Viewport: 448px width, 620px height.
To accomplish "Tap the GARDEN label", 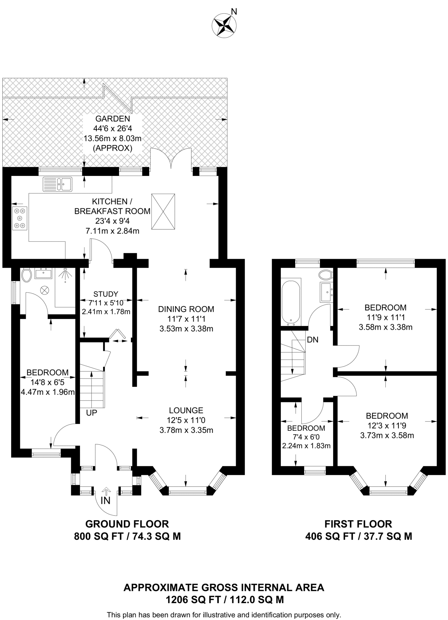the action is coord(113,119).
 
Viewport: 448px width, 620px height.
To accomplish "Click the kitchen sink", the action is coord(58,184).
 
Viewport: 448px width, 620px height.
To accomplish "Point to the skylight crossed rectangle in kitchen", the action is coord(163,212).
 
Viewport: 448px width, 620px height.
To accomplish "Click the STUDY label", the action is coord(106,294).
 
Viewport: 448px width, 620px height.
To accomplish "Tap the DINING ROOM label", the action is coord(186,309).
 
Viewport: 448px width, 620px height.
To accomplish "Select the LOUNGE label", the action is coord(186,411).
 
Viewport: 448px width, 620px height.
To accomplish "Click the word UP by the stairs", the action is coord(91,413).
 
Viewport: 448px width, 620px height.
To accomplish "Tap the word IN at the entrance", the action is coord(105,501).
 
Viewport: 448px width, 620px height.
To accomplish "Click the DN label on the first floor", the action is coord(313,340).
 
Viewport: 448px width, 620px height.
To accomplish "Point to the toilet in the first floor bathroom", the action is coord(326,275).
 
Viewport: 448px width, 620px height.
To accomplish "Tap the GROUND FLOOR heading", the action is coord(127,524).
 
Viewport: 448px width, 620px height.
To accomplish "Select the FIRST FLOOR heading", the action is coord(358,524).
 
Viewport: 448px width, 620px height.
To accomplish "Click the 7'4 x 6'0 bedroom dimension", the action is coord(306,437).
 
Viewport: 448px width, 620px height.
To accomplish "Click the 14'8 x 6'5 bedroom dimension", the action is coord(48,382).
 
